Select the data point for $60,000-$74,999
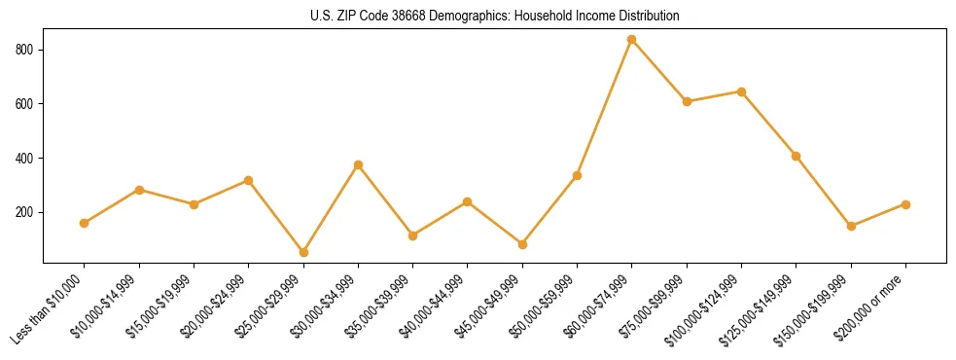point(632,40)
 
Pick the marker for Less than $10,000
point(85,223)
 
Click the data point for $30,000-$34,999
point(358,165)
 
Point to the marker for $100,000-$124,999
point(741,91)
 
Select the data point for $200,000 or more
point(905,204)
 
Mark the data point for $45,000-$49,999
point(522,244)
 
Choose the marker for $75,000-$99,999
point(687,101)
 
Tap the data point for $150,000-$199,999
point(851,226)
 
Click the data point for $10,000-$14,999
point(139,190)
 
